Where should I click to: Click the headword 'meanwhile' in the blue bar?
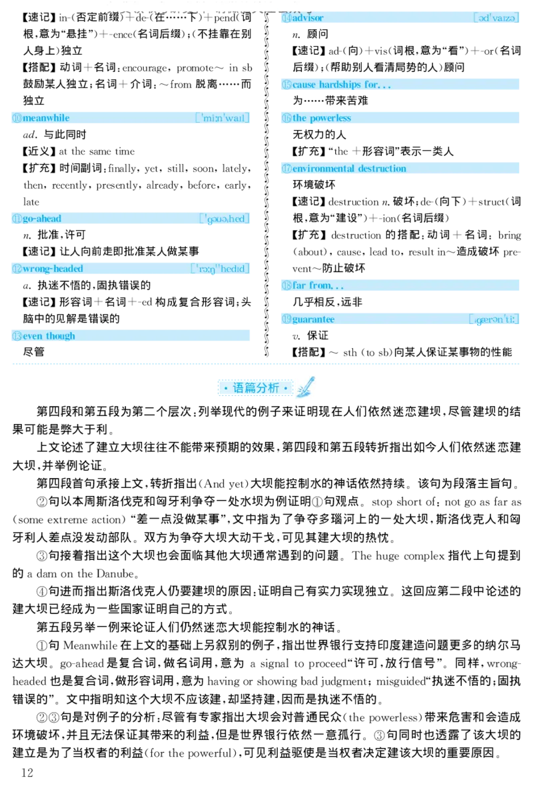coord(46,118)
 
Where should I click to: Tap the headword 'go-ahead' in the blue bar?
coord(42,219)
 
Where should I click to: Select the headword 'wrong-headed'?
coord(53,269)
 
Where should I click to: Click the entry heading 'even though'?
coord(49,335)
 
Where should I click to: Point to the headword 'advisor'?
coord(308,17)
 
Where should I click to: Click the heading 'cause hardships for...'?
coord(342,85)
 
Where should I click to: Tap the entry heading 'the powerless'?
coord(322,118)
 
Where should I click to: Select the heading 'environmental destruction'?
coord(349,168)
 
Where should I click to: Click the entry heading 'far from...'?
coord(318,286)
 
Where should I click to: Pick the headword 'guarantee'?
coord(313,319)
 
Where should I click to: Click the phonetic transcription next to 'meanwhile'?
coord(223,118)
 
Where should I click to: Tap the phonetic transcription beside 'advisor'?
coord(496,17)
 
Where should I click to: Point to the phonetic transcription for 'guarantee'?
coord(494,319)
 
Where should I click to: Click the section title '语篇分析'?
coord(256,388)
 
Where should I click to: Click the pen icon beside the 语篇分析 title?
coord(306,387)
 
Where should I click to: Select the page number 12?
coord(27,773)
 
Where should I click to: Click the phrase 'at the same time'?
coord(97,151)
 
